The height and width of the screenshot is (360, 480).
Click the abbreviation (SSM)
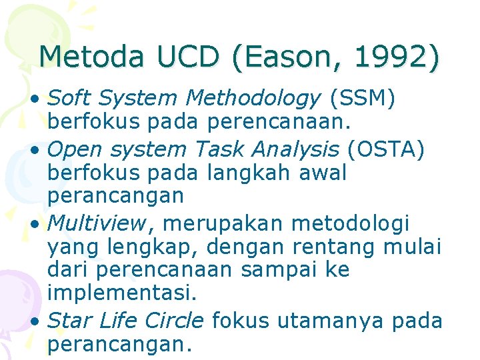pos(363,99)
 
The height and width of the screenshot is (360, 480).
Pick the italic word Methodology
pos(253,99)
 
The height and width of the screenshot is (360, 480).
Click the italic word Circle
pos(175,321)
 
